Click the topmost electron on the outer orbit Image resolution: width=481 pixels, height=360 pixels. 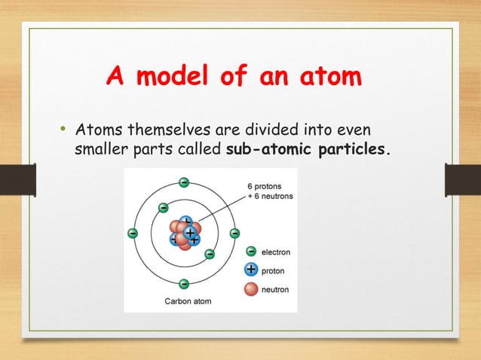point(184,182)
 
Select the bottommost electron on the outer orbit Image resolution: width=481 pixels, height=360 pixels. point(184,284)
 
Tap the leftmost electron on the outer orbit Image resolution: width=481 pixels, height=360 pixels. point(133,233)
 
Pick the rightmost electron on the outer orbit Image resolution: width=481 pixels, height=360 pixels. point(234,233)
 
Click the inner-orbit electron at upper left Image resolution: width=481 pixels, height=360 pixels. point(163,207)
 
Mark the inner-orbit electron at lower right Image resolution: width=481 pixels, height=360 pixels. point(210,254)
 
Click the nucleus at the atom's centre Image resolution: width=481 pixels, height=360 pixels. point(184,233)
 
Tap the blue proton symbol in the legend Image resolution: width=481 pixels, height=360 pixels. point(251,270)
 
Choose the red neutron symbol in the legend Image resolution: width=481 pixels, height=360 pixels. point(251,288)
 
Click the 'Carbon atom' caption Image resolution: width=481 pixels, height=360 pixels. point(188,302)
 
